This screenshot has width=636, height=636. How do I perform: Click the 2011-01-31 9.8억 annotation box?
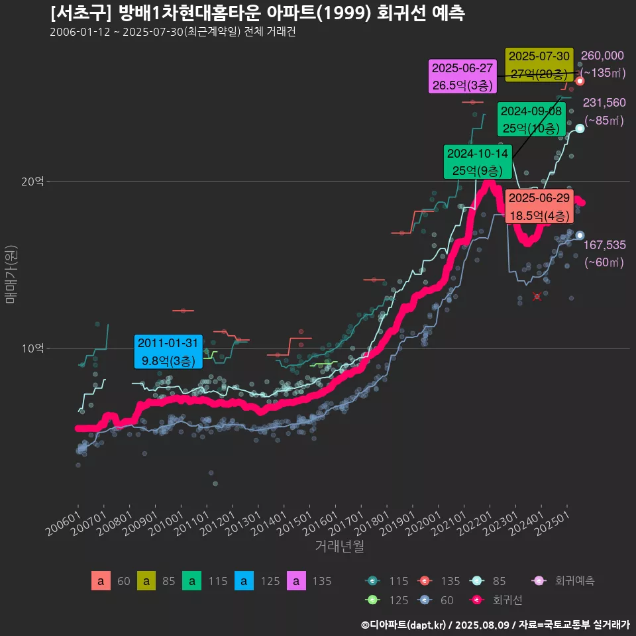click(168, 352)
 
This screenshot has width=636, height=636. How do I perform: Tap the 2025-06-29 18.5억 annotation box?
click(539, 207)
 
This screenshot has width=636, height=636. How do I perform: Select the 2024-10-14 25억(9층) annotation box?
click(478, 162)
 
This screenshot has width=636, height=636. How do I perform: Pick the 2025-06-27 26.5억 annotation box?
click(462, 76)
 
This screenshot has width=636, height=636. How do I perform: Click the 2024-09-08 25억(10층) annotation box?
click(532, 119)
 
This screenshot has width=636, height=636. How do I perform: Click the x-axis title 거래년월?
click(339, 547)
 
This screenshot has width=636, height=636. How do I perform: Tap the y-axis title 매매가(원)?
click(11, 274)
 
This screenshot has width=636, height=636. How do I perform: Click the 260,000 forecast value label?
click(602, 56)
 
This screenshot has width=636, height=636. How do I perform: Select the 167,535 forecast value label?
click(604, 245)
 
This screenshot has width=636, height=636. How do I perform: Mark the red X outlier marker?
click(537, 296)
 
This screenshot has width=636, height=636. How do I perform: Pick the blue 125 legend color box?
click(244, 581)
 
